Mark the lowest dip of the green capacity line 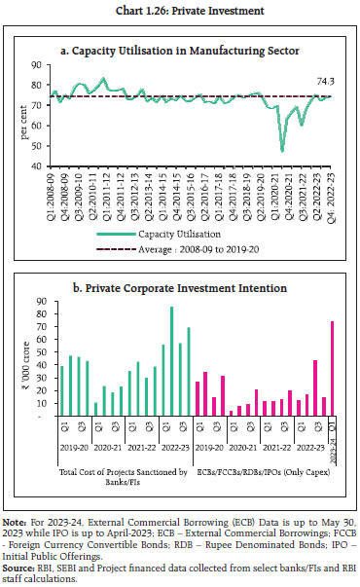255,151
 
